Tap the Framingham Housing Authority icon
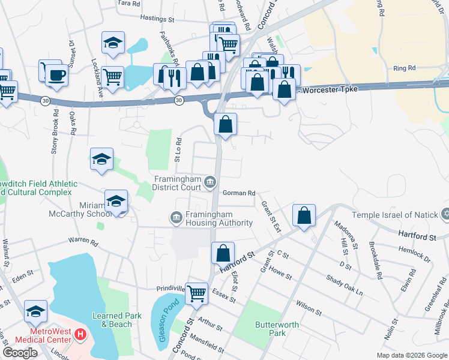(x=176, y=217)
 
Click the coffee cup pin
(x=57, y=74)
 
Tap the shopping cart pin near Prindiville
(x=196, y=293)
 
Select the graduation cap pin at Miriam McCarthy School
(x=116, y=201)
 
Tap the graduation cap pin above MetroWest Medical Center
(x=36, y=311)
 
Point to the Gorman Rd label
(x=239, y=193)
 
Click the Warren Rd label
(x=83, y=242)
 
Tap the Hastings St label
(x=157, y=19)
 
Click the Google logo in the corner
(x=20, y=353)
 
